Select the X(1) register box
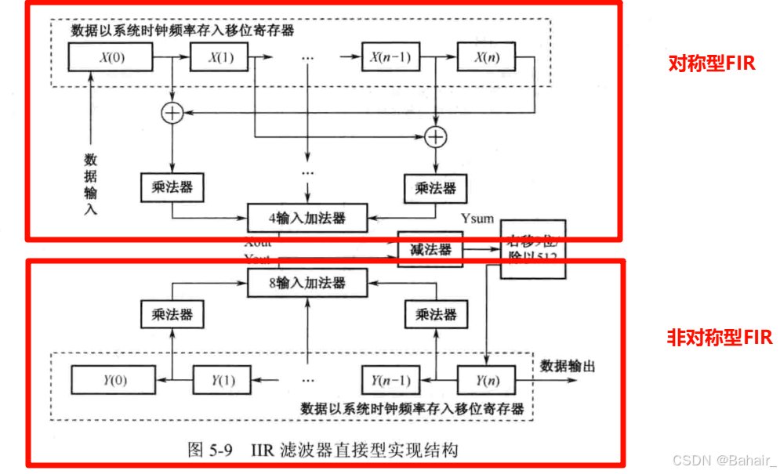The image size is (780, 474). tap(217, 57)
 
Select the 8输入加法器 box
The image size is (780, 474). tap(307, 282)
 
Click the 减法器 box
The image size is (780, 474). tap(430, 250)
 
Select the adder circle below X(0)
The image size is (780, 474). tap(171, 114)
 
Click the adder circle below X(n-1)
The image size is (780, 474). tap(435, 136)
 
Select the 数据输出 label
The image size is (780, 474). tap(568, 366)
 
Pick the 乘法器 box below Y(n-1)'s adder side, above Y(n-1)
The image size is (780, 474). tap(435, 315)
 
